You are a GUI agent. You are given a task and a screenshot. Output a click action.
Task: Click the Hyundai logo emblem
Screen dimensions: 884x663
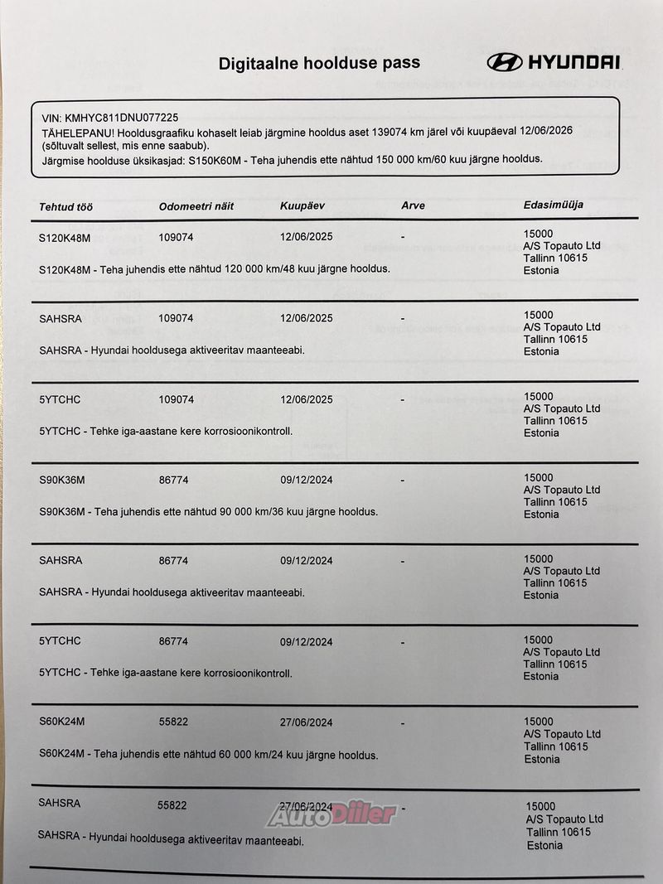pos(504,62)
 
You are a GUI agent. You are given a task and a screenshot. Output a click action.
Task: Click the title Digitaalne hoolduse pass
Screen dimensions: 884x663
pos(319,63)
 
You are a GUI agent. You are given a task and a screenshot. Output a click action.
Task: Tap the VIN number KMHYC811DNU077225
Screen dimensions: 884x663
pos(122,118)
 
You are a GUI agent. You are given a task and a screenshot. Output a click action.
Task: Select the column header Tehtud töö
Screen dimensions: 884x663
pos(66,206)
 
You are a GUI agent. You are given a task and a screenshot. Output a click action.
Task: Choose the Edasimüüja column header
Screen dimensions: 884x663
pos(553,204)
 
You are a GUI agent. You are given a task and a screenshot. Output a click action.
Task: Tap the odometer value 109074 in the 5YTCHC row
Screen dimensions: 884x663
pos(176,399)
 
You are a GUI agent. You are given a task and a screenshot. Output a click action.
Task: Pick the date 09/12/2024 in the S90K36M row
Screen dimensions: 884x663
pos(306,479)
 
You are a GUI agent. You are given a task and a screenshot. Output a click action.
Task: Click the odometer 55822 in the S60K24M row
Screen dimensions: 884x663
pos(173,722)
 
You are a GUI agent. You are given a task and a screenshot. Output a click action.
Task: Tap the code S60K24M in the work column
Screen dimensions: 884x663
pos(61,722)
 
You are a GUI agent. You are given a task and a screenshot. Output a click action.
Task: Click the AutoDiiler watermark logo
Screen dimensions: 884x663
pos(331,814)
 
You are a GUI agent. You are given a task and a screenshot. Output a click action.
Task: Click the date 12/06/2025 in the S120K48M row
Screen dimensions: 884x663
pos(306,236)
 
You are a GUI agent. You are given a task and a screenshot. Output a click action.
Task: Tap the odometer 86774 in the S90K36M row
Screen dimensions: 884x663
pos(173,480)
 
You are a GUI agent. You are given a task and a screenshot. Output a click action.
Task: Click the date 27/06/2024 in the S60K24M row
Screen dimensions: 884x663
pos(306,722)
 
